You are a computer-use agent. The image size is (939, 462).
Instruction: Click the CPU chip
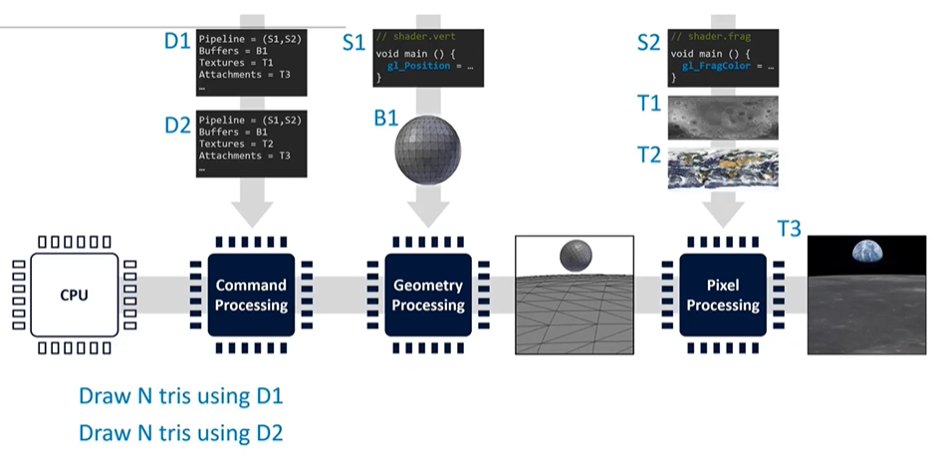73,295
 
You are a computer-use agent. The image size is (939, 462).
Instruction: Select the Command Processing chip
251,295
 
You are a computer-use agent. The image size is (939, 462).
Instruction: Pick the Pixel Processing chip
723,295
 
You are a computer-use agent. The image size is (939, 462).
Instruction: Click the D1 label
176,42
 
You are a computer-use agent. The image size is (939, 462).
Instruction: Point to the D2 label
176,126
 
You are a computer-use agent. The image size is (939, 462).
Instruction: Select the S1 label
354,43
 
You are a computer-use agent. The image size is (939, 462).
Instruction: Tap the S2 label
649,43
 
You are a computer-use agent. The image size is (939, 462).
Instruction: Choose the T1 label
649,103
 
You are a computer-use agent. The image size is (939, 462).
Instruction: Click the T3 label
789,229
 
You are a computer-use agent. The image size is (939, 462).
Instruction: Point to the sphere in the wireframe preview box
576,256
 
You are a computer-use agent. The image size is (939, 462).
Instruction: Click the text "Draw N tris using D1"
181,396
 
